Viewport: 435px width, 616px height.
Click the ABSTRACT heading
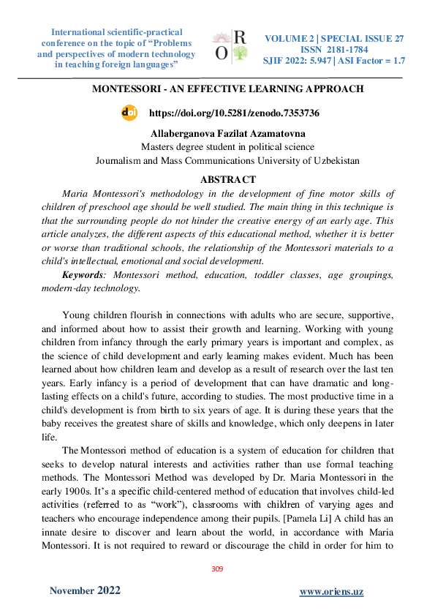coord(227,179)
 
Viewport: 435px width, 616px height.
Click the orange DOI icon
coord(129,113)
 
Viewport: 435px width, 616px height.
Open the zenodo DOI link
coord(233,113)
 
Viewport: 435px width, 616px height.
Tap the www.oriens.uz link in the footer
coord(331,591)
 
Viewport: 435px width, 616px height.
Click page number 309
coord(216,568)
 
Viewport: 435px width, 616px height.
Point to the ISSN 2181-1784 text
coord(333,50)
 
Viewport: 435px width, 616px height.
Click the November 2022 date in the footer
coord(85,590)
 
